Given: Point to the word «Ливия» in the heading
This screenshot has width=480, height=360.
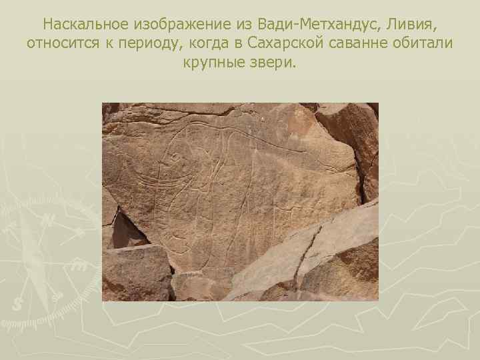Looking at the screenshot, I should click(412, 25).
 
